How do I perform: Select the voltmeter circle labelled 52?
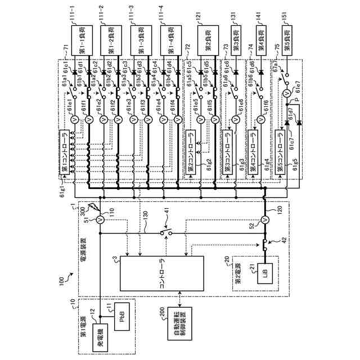click(x=264, y=220)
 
